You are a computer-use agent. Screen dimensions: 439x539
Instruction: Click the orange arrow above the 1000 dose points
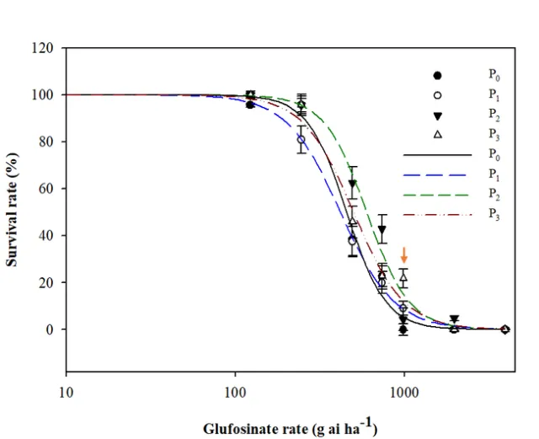[404, 254]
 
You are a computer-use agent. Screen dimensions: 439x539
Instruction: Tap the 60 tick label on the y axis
[49, 188]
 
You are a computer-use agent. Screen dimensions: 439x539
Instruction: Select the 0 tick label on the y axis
[51, 329]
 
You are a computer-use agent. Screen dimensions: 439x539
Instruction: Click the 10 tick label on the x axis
[66, 390]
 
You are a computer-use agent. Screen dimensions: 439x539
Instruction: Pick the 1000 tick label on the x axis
[404, 390]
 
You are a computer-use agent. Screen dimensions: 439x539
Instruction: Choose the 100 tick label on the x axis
[235, 390]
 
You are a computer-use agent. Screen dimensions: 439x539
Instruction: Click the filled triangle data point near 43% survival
[382, 229]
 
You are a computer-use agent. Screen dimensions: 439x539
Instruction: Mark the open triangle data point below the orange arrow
[404, 276]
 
